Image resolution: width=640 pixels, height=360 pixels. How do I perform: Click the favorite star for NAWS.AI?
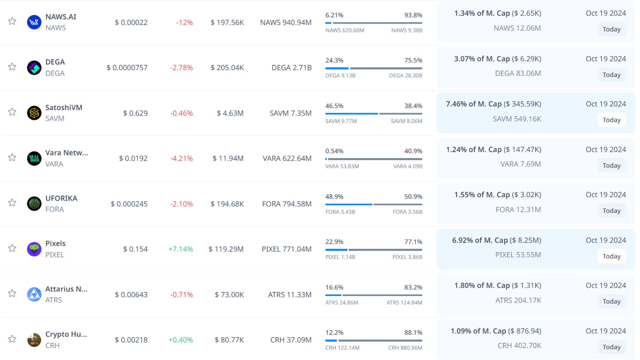pos(12,21)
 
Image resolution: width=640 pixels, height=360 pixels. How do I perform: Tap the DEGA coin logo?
pos(34,68)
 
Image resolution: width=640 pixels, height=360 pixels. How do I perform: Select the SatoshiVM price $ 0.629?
pos(135,113)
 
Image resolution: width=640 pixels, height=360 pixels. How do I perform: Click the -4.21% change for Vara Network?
pos(181,159)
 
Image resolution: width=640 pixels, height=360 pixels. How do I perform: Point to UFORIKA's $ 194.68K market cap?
pos(227,204)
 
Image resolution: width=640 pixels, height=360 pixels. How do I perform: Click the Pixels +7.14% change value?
pos(181,249)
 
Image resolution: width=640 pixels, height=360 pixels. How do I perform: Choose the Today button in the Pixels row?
pos(611,256)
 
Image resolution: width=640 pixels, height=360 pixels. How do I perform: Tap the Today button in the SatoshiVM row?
pos(611,120)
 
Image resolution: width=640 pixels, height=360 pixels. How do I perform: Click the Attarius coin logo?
pos(34,295)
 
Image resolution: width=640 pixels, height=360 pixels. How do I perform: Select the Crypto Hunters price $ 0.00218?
pos(131,340)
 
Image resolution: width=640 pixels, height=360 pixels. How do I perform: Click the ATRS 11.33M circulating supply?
pos(290,295)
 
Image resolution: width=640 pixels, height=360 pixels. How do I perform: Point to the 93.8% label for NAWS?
pos(413,15)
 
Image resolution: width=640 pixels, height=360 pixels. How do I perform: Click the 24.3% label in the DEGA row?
pos(334,61)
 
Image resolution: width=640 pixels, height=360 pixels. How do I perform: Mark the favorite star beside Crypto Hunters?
pos(12,339)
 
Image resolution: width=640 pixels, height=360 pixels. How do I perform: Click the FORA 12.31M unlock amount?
pos(518,210)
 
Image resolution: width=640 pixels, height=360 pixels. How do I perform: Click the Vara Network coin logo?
pos(34,159)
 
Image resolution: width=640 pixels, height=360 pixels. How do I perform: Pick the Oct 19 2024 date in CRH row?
pos(606,331)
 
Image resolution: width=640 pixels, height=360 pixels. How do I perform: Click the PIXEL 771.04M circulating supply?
pos(286,249)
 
